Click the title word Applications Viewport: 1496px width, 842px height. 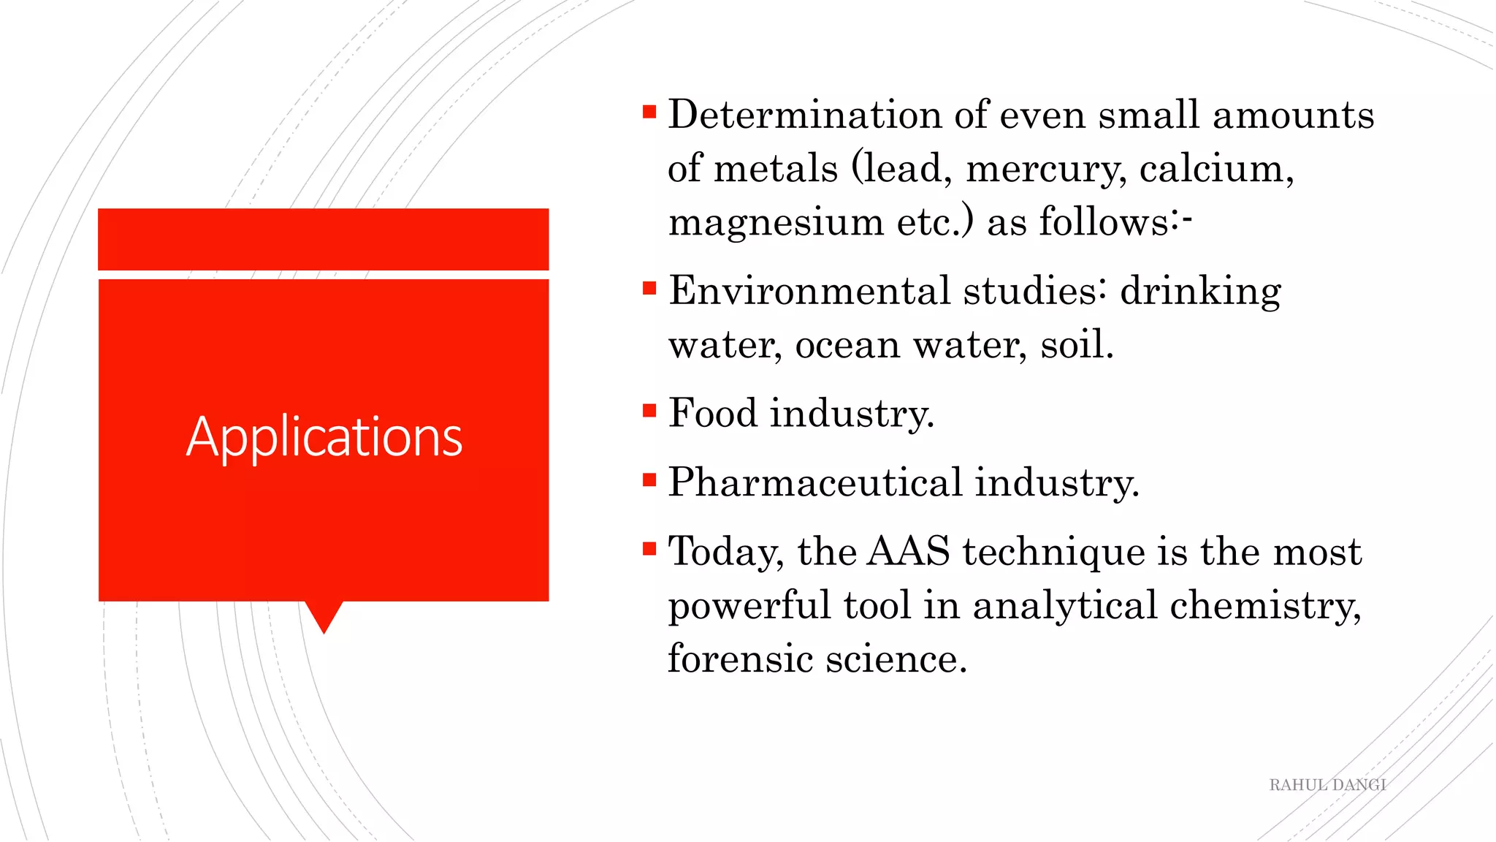pos(324,437)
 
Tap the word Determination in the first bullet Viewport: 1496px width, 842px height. pos(804,115)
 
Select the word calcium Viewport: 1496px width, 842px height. pos(1215,169)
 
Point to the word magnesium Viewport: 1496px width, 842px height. pos(776,222)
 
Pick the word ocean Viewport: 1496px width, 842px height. pos(847,345)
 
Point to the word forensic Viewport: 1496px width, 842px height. pos(740,659)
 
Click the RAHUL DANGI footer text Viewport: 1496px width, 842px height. pos(1327,785)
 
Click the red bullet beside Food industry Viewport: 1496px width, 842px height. pos(649,410)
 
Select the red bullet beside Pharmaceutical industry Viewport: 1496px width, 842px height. pos(649,479)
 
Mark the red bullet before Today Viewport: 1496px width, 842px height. pos(649,548)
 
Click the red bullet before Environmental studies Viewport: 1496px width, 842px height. pos(649,288)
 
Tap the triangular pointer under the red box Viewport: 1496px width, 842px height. pos(324,615)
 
